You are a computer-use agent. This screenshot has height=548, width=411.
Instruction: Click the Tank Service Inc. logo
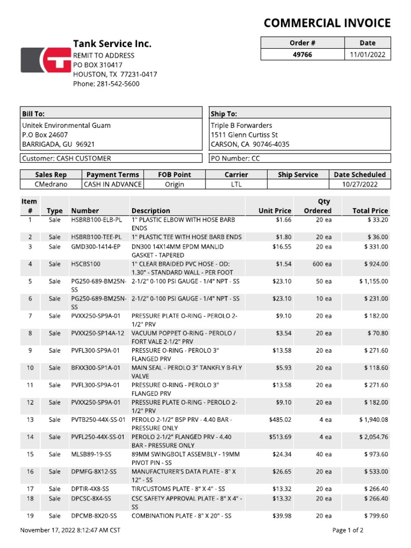click(45, 59)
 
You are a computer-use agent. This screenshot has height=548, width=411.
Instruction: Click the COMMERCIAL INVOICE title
click(327, 23)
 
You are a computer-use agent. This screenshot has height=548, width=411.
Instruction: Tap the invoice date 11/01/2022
click(368, 55)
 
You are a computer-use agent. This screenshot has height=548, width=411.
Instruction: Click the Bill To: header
click(33, 113)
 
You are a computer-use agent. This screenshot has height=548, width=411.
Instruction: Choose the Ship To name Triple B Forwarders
click(241, 125)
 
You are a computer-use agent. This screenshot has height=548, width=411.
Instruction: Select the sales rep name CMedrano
click(51, 184)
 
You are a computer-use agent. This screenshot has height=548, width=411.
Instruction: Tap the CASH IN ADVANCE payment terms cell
click(112, 184)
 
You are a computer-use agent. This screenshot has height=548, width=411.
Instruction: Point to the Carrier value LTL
click(236, 184)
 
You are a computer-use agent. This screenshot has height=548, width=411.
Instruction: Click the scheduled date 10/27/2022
click(360, 184)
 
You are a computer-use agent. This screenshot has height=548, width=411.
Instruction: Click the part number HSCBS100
click(86, 264)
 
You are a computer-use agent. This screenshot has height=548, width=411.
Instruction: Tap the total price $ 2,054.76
click(374, 437)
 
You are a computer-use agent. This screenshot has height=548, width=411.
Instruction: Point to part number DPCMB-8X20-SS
click(94, 516)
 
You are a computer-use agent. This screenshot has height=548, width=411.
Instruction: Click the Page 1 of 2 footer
click(348, 530)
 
